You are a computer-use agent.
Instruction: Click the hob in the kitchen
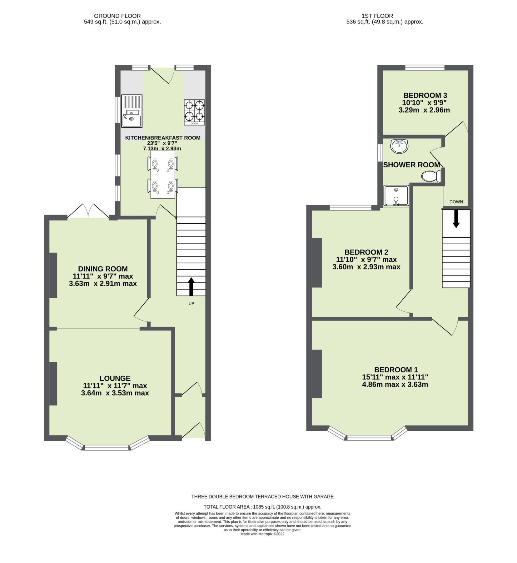(194, 112)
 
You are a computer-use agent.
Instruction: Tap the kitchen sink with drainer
(132, 111)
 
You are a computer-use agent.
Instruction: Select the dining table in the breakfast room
(163, 175)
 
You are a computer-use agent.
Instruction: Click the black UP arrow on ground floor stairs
(191, 287)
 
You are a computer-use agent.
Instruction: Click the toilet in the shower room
(431, 176)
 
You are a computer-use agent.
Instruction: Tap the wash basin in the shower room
(399, 146)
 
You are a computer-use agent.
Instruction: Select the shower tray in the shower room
(396, 195)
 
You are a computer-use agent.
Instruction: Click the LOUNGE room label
(115, 378)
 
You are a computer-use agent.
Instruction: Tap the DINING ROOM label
(103, 269)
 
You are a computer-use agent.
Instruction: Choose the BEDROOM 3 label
(425, 95)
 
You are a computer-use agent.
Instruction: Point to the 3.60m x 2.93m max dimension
(366, 267)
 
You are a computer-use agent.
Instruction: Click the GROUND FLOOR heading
(117, 16)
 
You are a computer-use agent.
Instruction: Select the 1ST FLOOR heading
(377, 16)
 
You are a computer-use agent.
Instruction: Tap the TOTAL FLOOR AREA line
(262, 507)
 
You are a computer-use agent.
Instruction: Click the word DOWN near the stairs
(456, 202)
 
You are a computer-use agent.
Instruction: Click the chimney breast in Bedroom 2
(317, 263)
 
